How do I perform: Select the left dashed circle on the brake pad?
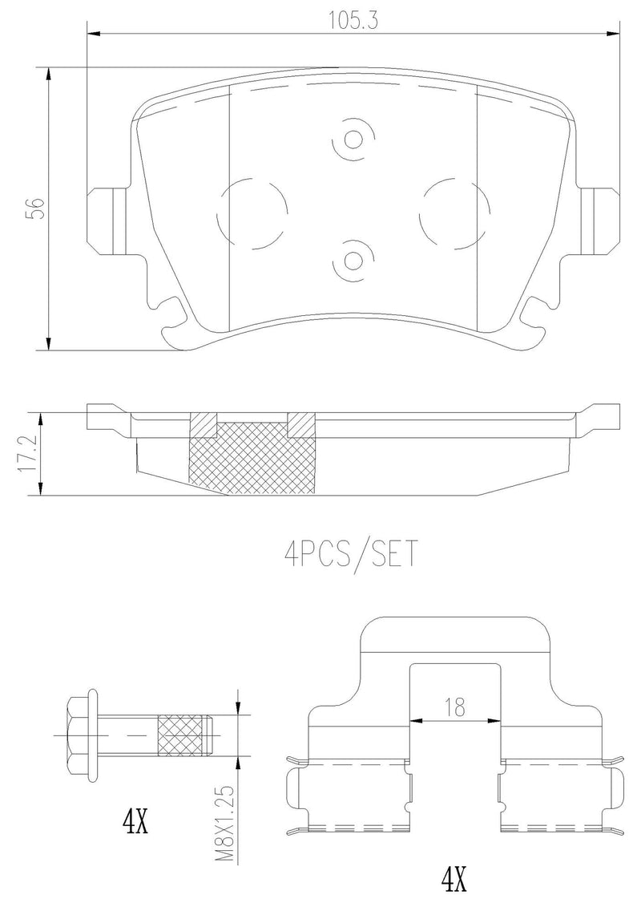pos(252,211)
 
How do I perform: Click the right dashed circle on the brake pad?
pos(454,211)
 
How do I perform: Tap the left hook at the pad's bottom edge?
pos(171,314)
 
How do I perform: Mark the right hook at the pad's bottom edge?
pos(535,314)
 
